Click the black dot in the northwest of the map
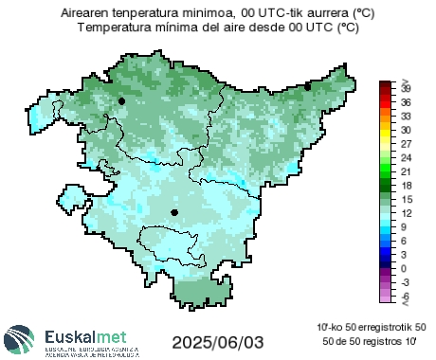pos(121,99)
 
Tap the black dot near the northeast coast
pos(308,86)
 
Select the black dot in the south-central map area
pos(174,213)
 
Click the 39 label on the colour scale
pos(405,87)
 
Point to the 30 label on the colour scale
pos(405,129)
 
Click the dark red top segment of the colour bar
pos(385,86)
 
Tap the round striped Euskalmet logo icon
pos(21,340)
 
